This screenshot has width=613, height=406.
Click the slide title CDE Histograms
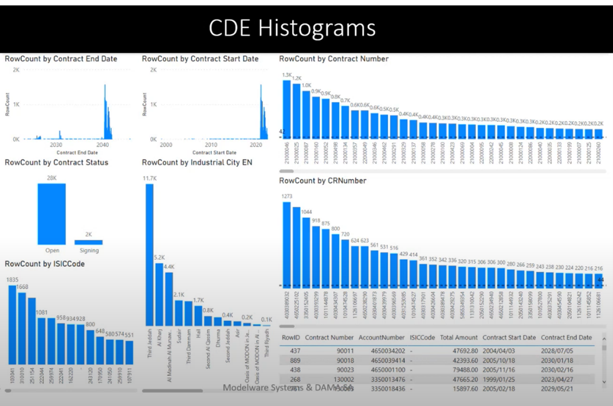click(x=292, y=28)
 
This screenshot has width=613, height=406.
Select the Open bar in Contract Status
click(x=52, y=214)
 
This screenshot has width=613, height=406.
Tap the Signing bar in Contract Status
click(x=89, y=242)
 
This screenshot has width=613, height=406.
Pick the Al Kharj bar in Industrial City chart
click(x=159, y=294)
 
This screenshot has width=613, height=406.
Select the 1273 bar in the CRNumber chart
click(x=286, y=244)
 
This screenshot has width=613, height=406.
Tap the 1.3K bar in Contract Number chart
click(x=286, y=109)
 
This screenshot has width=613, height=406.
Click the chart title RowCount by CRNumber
click(x=322, y=181)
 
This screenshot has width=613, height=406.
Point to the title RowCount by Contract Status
click(x=56, y=162)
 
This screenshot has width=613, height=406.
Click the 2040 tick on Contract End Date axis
click(x=103, y=146)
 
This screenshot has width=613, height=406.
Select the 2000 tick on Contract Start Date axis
click(x=166, y=146)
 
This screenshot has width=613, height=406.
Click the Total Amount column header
click(x=458, y=338)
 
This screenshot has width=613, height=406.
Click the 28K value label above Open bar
click(x=52, y=178)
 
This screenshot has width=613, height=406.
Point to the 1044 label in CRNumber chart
click(x=306, y=212)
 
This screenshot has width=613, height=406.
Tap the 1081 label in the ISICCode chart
click(x=42, y=313)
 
